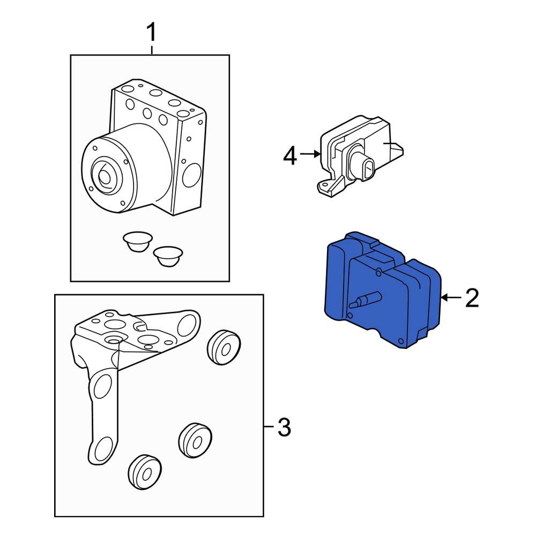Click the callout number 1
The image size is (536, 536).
pyautogui.click(x=152, y=33)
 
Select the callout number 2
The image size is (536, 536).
pyautogui.click(x=471, y=298)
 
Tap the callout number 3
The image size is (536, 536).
pyautogui.click(x=284, y=427)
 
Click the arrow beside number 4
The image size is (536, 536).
pyautogui.click(x=309, y=154)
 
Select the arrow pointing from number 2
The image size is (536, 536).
pyautogui.click(x=449, y=297)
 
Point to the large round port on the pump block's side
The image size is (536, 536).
pyautogui.click(x=193, y=174)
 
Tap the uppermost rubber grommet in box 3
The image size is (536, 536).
pyautogui.click(x=222, y=347)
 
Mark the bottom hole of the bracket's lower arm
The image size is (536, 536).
pyautogui.click(x=104, y=449)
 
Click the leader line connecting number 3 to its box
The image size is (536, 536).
pyautogui.click(x=269, y=427)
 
